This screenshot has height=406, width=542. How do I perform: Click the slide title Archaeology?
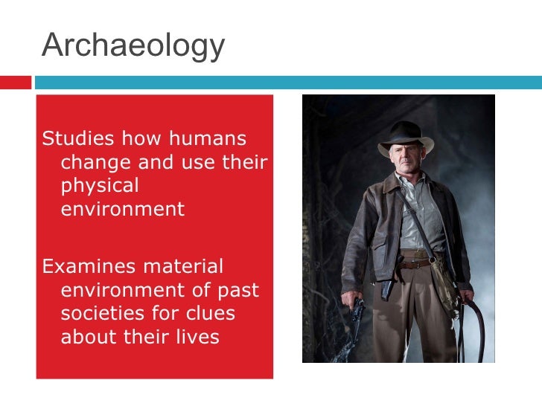[133, 46]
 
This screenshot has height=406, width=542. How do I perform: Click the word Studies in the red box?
[78, 139]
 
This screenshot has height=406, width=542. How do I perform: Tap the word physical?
[100, 186]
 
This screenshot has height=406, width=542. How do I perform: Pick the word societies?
[99, 313]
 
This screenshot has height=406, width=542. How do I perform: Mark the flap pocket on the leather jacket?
[377, 246]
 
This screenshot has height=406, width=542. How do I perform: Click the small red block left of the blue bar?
[15, 82]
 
